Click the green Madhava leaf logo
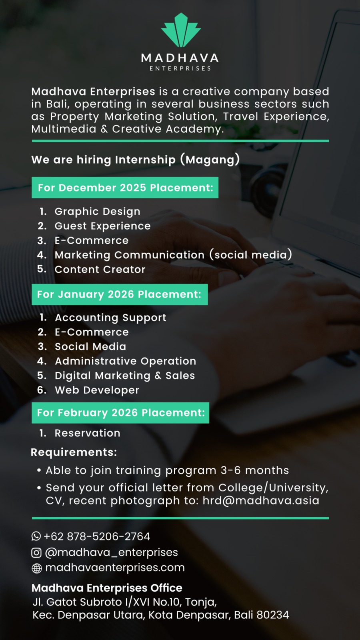180,30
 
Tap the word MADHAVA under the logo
180,58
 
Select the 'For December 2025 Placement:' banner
125,188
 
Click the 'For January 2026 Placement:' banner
120,294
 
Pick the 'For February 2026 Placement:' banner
120,412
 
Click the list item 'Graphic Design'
98,212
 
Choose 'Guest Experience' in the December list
102,226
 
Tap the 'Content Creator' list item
100,270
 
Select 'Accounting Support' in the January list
110,318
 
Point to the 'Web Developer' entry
97,390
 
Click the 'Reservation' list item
88,433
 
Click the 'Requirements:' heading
74,452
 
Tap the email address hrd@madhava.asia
261,500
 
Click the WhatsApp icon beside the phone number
36,536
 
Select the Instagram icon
36,552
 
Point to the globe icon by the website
36,568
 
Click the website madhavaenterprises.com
115,568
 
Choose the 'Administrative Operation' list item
126,361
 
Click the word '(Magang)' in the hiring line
210,160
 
